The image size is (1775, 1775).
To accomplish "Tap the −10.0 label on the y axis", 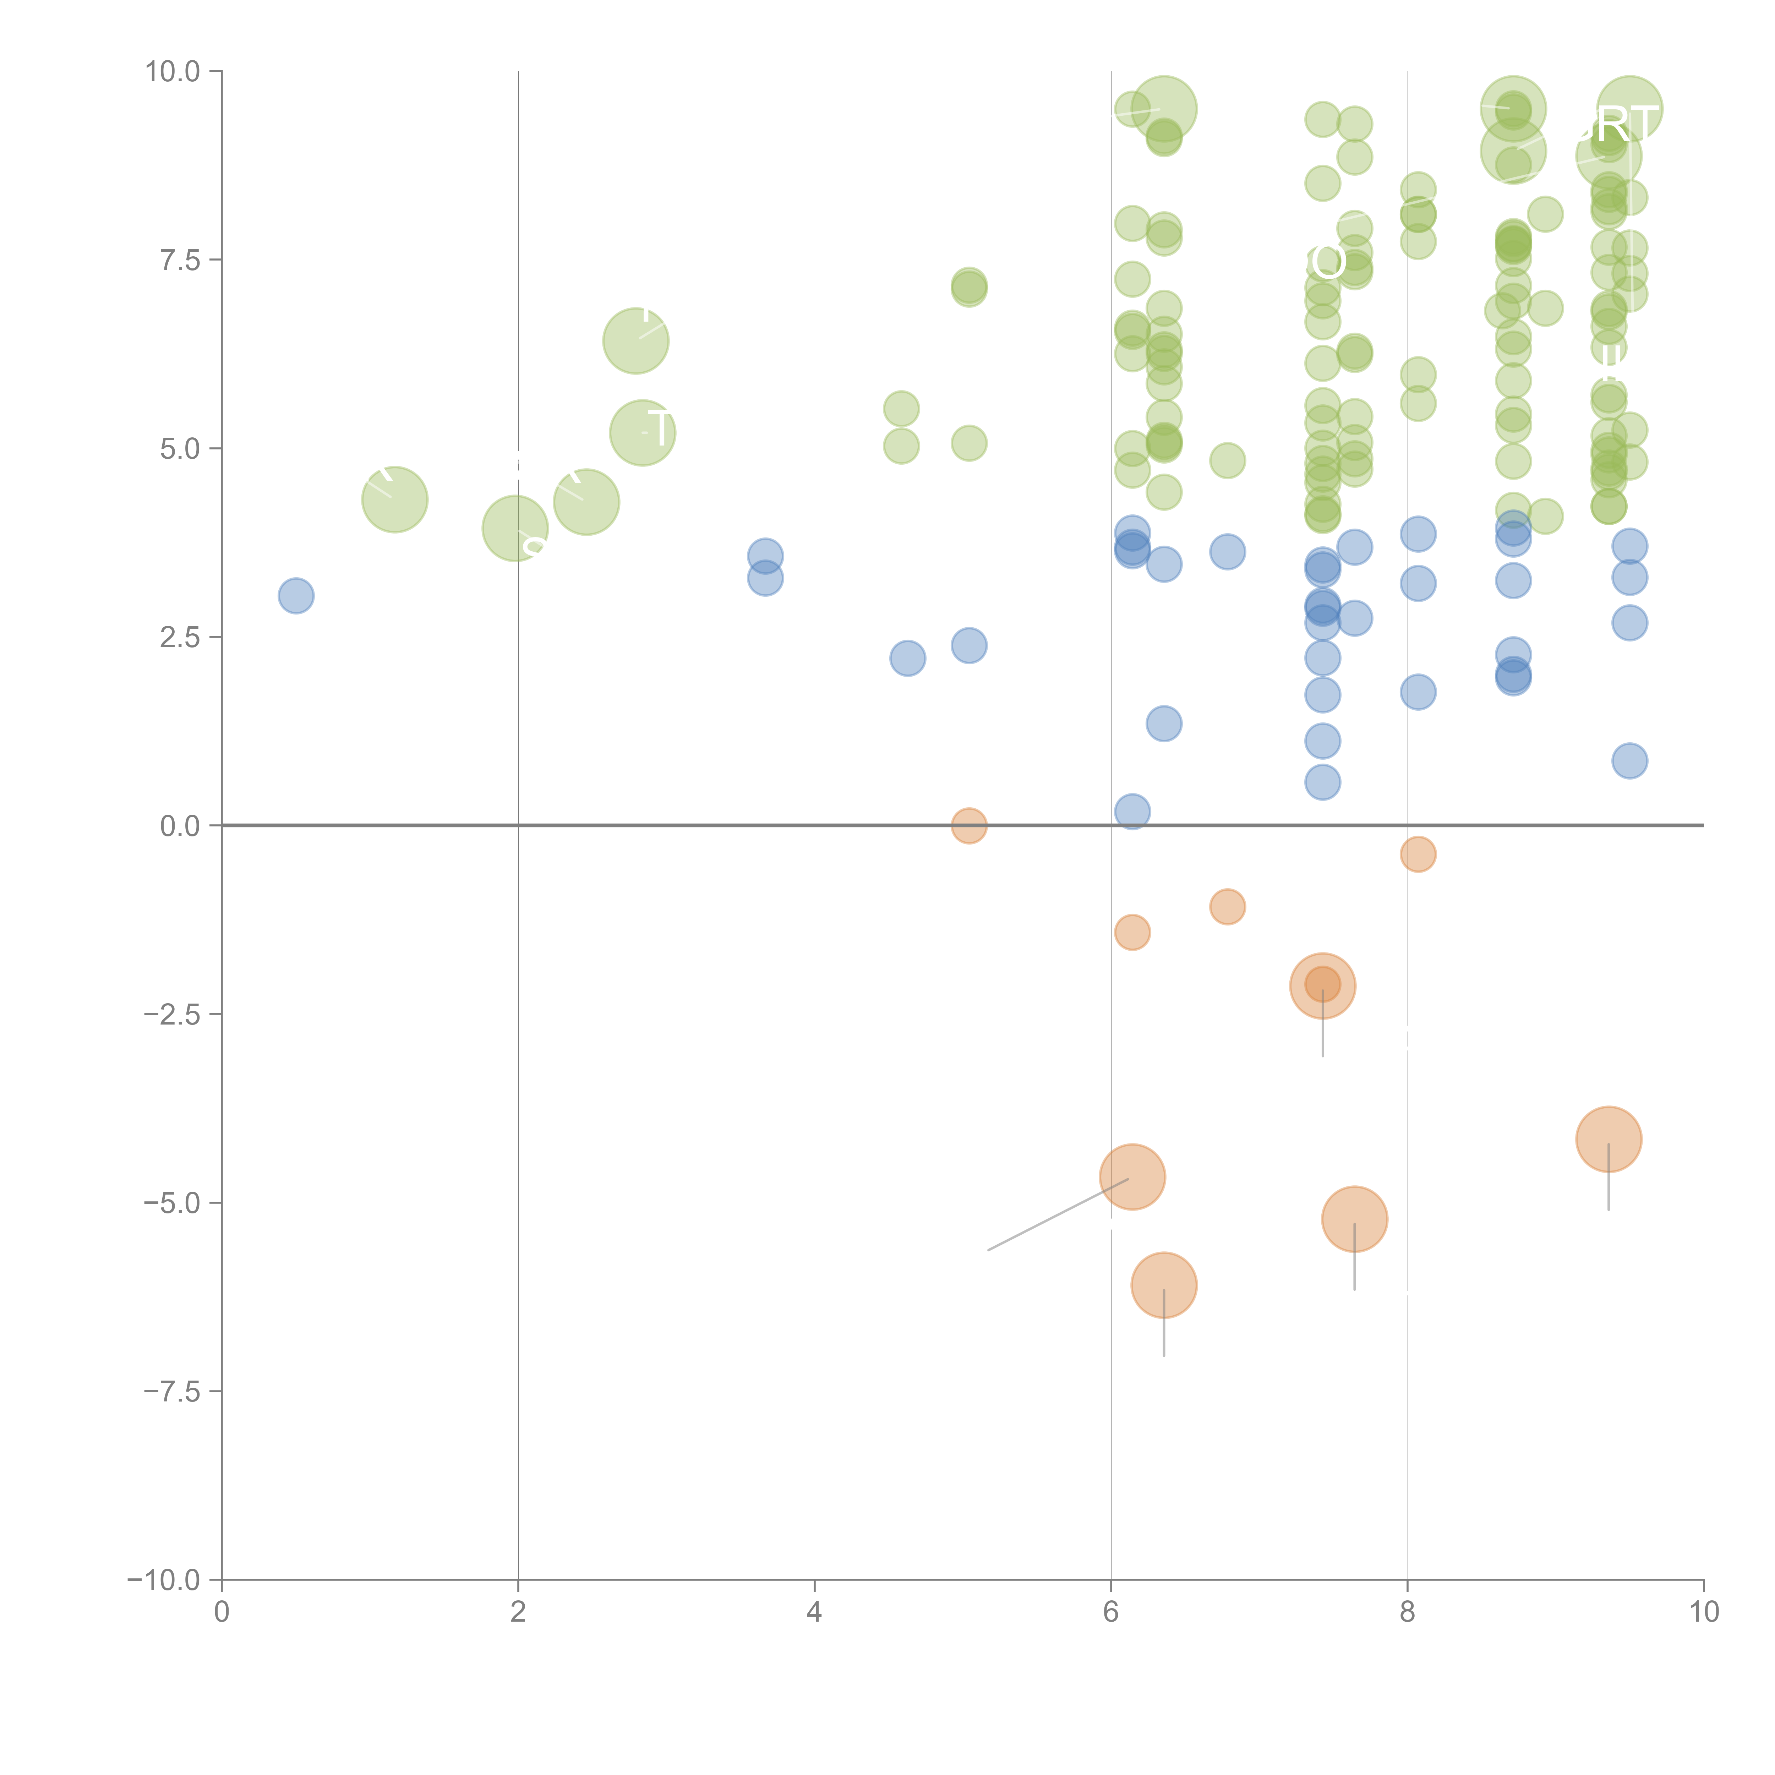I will (x=165, y=1580).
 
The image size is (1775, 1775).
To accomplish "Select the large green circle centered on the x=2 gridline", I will (x=515, y=528).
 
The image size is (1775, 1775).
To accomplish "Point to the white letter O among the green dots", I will (x=1328, y=262).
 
